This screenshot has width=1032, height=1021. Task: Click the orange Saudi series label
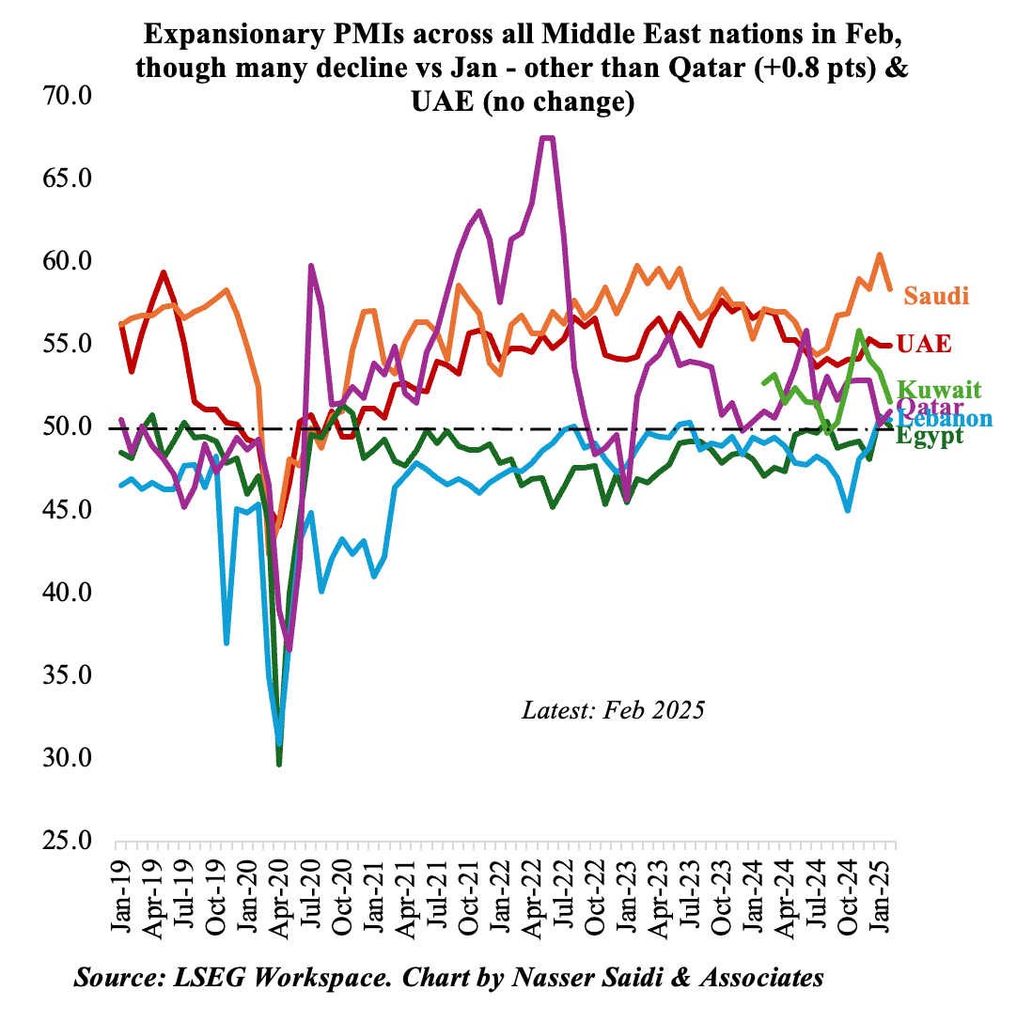click(x=935, y=296)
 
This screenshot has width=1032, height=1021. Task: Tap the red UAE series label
click(x=924, y=344)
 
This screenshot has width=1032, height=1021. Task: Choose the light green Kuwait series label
click(x=939, y=389)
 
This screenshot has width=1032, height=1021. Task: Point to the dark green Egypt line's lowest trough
click(x=279, y=764)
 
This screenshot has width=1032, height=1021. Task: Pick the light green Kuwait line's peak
click(x=859, y=331)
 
